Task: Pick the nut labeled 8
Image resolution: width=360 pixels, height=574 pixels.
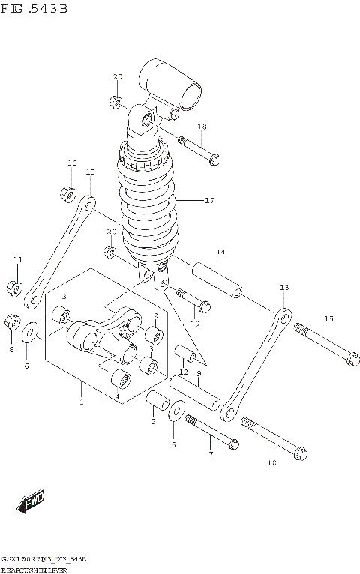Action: [12, 323]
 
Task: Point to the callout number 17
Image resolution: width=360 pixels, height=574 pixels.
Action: [208, 200]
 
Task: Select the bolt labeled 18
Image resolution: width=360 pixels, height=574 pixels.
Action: [198, 149]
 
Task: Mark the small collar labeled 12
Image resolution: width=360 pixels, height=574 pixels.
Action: [184, 353]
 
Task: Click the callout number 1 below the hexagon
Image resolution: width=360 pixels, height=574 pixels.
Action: [81, 403]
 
